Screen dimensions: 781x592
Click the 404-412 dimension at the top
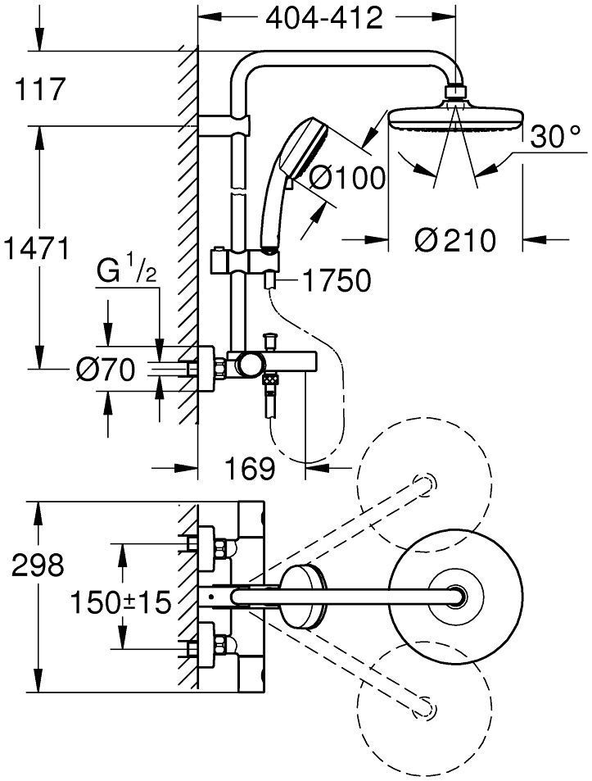[x=323, y=18]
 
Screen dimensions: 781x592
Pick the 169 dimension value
[x=250, y=469]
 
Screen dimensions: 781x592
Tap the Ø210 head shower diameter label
[x=454, y=240]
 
